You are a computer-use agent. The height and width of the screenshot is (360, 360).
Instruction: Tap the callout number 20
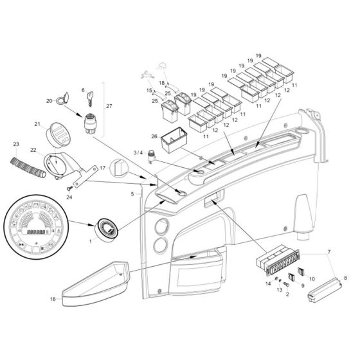(49, 101)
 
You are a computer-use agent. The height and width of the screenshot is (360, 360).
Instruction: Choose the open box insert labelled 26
(174, 139)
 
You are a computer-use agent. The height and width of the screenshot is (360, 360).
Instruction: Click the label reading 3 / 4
(137, 152)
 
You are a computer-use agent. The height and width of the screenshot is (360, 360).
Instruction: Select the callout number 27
(108, 105)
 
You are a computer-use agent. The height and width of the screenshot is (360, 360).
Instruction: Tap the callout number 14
(268, 283)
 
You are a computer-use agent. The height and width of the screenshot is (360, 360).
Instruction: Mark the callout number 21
(37, 124)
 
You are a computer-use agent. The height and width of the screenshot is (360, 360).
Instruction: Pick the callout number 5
(132, 193)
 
